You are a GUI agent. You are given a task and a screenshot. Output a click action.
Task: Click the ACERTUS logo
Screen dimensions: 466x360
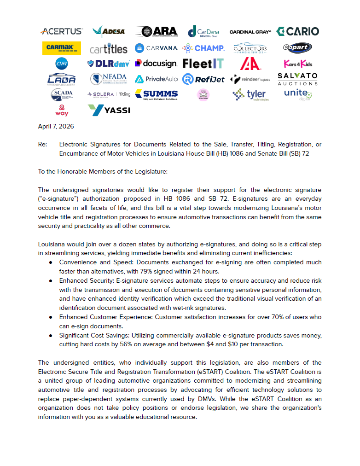tap(62, 31)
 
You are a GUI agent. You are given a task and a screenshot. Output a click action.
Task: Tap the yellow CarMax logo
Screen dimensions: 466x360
tap(62, 48)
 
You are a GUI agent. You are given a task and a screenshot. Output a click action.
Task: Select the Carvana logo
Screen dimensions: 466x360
tap(156, 48)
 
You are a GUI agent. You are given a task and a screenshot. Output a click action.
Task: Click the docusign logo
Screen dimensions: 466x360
tap(156, 64)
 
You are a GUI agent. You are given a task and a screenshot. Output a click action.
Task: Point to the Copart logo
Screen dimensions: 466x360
tap(297, 48)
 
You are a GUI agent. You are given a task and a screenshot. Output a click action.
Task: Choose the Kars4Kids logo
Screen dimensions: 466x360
tap(297, 64)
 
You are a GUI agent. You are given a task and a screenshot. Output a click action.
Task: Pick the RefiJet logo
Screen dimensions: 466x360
tap(203, 79)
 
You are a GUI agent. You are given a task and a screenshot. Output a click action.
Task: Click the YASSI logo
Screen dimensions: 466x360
tap(109, 110)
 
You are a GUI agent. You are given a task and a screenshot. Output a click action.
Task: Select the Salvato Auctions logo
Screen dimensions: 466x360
tap(297, 79)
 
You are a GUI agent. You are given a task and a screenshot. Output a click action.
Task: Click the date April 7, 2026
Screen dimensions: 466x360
tap(56, 126)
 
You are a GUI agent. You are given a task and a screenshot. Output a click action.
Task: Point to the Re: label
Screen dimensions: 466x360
tap(42, 145)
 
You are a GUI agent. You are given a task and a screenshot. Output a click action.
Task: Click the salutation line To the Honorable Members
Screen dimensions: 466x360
tap(103, 172)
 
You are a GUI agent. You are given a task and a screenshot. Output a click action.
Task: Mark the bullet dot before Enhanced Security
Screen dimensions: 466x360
tap(51, 280)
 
